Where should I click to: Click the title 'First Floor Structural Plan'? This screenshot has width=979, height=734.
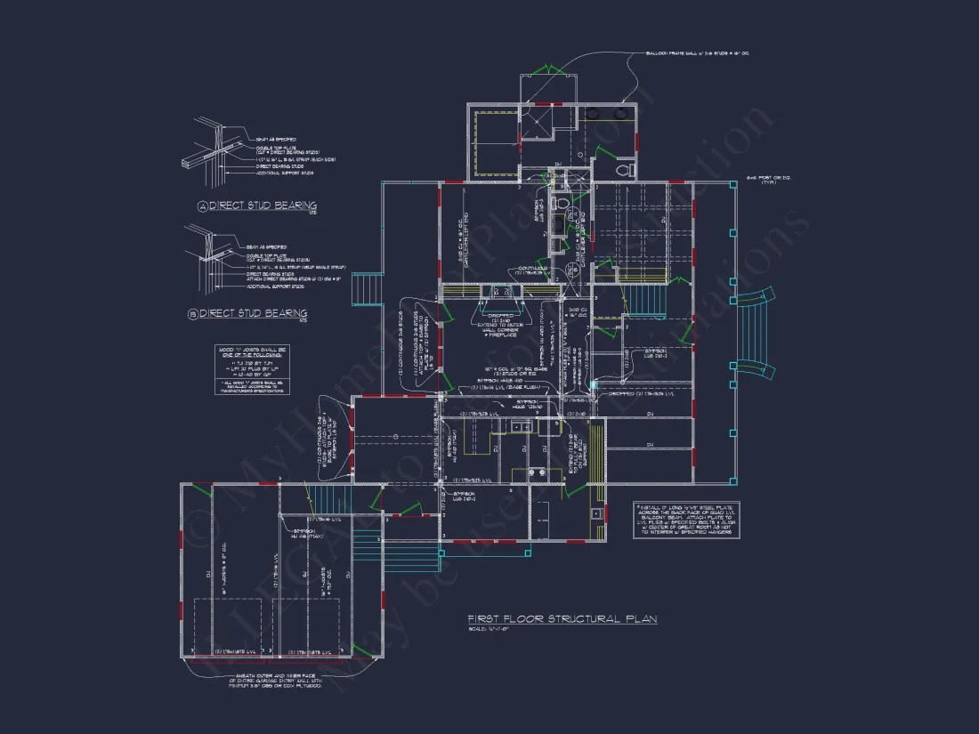pos(562,618)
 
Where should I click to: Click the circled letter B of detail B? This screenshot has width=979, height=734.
pos(192,313)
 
